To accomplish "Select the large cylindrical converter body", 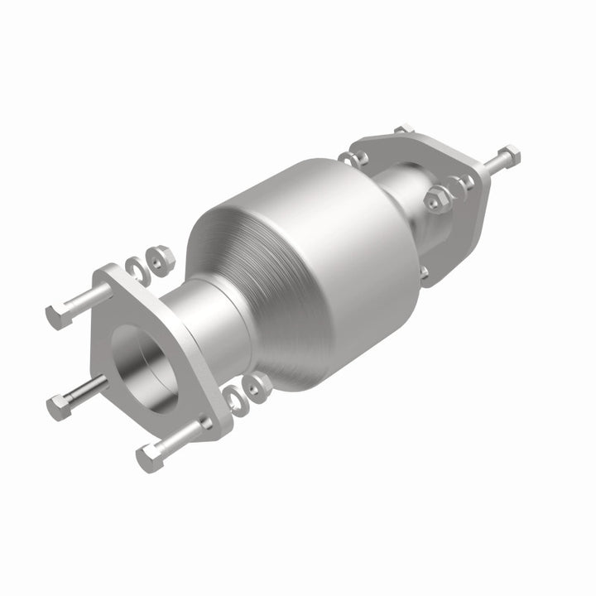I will tap(331, 248).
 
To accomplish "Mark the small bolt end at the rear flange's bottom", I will tap(424, 272).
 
